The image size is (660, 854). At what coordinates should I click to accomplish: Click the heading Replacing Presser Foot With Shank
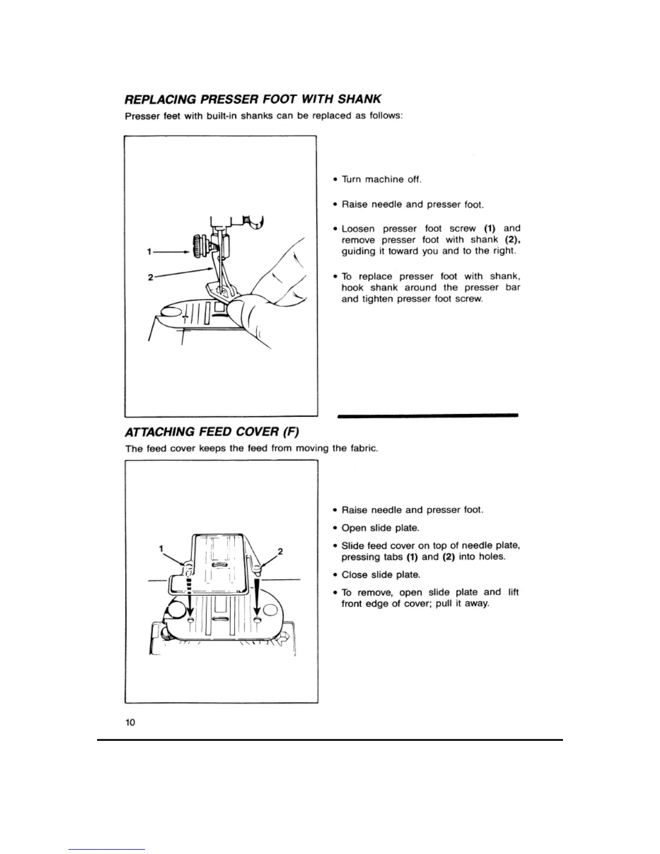[x=253, y=99]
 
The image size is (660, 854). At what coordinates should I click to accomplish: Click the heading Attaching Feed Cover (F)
[x=211, y=432]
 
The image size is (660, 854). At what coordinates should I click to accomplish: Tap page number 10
[x=130, y=722]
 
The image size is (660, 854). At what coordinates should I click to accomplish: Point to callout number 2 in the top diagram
[x=150, y=278]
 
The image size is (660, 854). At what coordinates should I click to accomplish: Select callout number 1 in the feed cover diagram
[x=161, y=548]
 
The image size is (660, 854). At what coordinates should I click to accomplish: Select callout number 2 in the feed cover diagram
[x=280, y=551]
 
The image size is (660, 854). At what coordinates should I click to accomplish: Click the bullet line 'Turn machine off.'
[x=381, y=179]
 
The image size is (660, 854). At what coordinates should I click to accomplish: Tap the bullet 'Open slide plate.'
[x=380, y=528]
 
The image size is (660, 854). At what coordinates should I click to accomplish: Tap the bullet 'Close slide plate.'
[x=381, y=575]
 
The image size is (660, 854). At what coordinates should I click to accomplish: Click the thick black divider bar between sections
[x=427, y=415]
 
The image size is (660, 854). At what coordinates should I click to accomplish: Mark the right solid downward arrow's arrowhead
[x=257, y=614]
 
